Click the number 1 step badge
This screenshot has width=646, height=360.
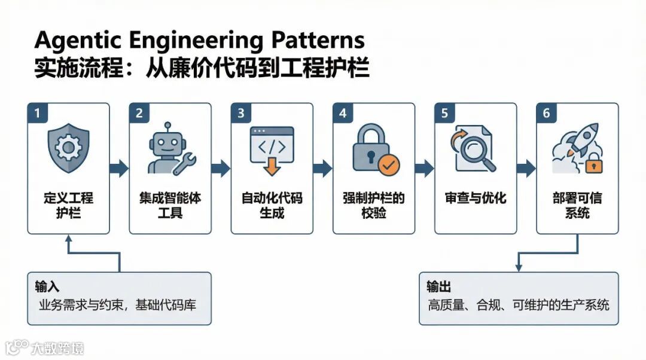(x=37, y=113)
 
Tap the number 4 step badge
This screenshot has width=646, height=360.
(x=343, y=113)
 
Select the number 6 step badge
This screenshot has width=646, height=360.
(x=546, y=113)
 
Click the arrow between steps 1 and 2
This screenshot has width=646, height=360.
(x=120, y=169)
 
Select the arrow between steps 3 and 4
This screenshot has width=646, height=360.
(x=323, y=169)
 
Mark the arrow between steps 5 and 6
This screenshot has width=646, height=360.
(x=526, y=169)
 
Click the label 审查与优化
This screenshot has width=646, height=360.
(x=476, y=199)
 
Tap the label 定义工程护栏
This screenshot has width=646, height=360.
(x=69, y=205)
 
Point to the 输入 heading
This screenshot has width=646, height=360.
(x=47, y=287)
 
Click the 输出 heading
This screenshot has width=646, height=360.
(x=439, y=287)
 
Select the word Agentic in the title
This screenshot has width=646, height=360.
(x=76, y=41)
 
